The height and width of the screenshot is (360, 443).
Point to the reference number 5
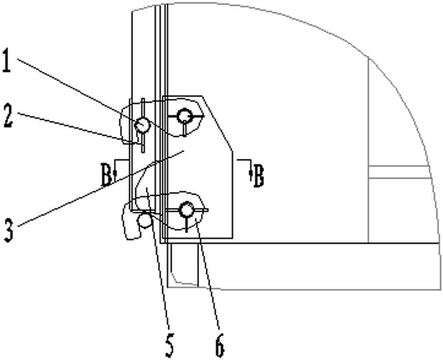click(169, 345)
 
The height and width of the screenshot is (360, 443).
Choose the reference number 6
click(220, 345)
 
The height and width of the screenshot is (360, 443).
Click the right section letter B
click(258, 176)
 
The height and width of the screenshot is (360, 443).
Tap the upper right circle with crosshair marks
click(185, 116)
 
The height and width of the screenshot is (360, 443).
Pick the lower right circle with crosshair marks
click(187, 210)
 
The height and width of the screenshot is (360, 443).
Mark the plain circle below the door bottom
click(145, 221)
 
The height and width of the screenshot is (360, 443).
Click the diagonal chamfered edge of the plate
click(217, 123)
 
